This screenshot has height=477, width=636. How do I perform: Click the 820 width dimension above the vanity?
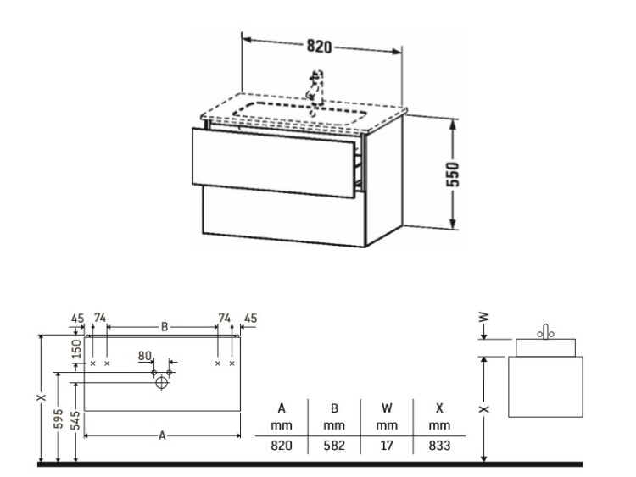click(319, 47)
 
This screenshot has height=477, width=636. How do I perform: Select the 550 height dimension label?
click(453, 175)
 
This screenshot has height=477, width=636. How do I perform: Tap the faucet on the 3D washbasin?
click(315, 89)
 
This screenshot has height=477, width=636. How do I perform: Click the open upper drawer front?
click(274, 163)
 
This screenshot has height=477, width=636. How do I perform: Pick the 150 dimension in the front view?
click(76, 348)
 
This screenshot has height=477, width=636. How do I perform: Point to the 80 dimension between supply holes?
click(145, 356)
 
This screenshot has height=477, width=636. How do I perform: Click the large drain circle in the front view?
click(161, 383)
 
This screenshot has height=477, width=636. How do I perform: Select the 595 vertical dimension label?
click(59, 419)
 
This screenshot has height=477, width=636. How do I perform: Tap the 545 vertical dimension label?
click(75, 421)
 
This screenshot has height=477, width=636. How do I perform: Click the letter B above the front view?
click(165, 327)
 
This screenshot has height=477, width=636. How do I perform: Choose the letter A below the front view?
click(162, 435)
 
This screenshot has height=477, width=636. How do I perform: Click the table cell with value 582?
click(334, 446)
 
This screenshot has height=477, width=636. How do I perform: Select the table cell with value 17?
click(387, 446)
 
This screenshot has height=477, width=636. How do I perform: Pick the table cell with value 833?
click(439, 446)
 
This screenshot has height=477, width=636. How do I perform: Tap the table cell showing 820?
click(282, 446)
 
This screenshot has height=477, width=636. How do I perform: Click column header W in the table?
click(387, 408)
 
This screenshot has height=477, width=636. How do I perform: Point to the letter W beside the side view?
click(484, 317)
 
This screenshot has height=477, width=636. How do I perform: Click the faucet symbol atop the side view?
click(545, 332)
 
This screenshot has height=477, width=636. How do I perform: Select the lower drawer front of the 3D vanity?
click(284, 217)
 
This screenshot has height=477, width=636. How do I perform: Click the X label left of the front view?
click(41, 397)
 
